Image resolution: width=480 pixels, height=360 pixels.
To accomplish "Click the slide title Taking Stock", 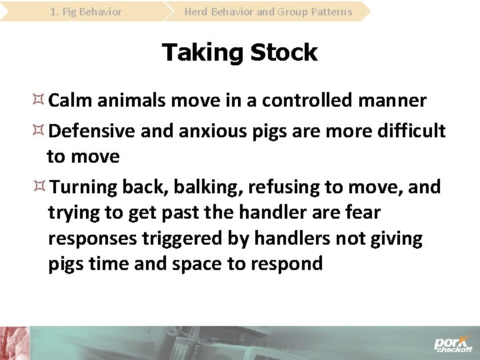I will [240, 52].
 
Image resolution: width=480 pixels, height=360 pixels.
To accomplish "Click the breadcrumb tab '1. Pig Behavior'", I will [86, 11].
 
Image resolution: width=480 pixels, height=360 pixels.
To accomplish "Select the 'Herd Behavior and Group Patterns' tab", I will [268, 11].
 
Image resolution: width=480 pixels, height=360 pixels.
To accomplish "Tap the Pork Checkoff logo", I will [453, 343].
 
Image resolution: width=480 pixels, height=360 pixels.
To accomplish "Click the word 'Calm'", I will [71, 101].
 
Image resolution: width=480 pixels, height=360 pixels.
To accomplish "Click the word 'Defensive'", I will [93, 131].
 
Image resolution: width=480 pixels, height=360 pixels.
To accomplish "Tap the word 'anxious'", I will [211, 131].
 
